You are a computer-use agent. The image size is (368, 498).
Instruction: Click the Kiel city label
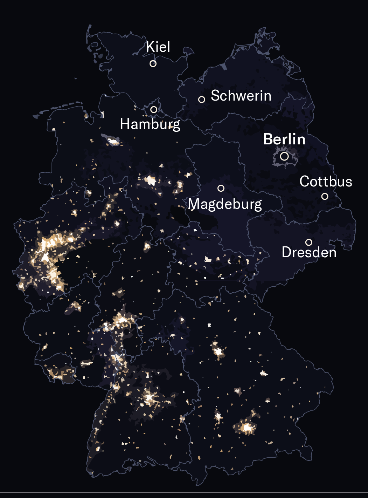[x=158, y=47]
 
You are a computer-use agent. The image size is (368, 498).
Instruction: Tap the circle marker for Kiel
[x=153, y=63]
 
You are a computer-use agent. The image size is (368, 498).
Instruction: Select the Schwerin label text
[x=241, y=96]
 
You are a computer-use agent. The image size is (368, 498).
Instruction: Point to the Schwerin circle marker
[x=202, y=100]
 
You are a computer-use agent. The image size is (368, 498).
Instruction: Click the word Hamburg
[x=150, y=124]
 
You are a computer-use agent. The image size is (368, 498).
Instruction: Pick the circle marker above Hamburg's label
[x=154, y=109]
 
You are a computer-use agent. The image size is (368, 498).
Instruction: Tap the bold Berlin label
[x=284, y=139]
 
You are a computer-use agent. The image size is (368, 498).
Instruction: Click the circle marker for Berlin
[x=284, y=156]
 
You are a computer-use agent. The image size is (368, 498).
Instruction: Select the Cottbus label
[x=326, y=182]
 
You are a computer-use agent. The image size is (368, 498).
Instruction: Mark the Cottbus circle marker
[x=325, y=196]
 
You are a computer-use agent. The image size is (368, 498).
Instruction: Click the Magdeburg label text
[x=225, y=204]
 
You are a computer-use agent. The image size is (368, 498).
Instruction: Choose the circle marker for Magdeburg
[x=221, y=188]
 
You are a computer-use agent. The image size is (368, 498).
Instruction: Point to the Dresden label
[x=309, y=252]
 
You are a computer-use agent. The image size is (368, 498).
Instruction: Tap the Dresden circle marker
[x=309, y=242]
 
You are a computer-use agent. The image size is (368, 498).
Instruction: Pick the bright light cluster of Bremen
[x=113, y=141]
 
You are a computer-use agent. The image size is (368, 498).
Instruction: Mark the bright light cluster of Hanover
[x=151, y=180]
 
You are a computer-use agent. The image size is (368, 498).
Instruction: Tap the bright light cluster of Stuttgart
[x=150, y=398]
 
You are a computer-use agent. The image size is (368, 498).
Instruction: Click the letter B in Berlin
[x=268, y=139]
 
